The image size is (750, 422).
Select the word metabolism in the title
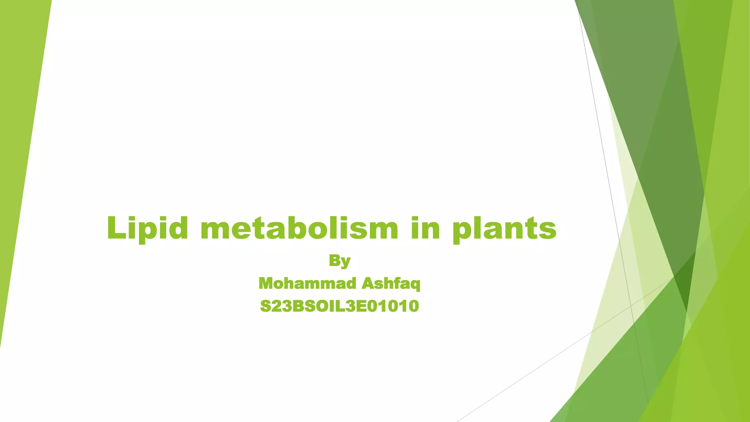[299, 228]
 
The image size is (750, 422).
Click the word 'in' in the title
[425, 228]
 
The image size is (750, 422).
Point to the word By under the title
[339, 261]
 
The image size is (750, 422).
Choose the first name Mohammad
[307, 284]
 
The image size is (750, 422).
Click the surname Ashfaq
[391, 284]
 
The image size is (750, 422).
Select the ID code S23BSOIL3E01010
[339, 306]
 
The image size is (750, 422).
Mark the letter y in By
[345, 262]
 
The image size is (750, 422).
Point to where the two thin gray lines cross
[631, 305]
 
